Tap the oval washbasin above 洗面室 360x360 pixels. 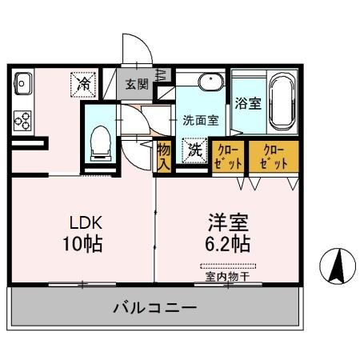click(210, 82)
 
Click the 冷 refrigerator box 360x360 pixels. click(83, 82)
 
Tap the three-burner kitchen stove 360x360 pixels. click(22, 121)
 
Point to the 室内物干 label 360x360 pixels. click(228, 276)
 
